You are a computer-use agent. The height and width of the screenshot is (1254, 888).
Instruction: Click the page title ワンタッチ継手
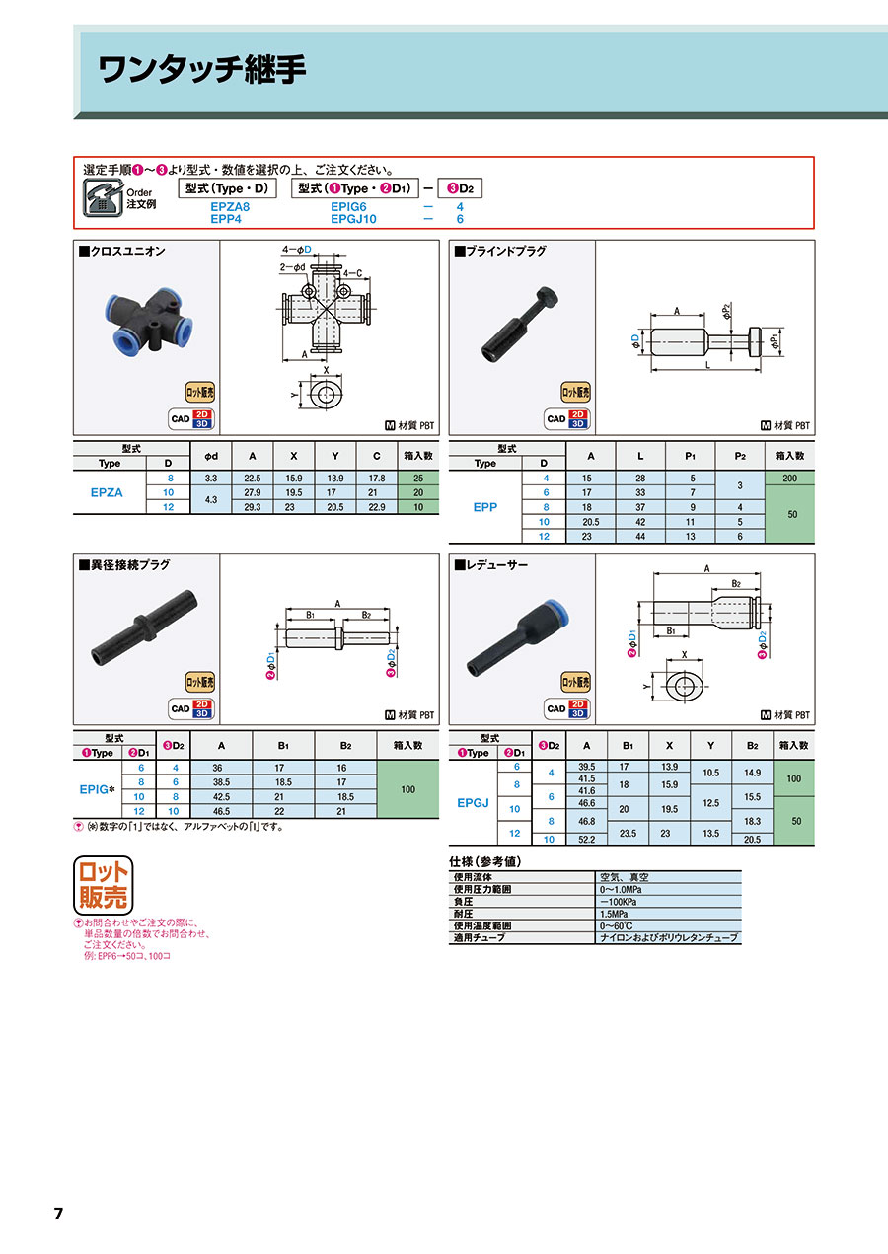tap(202, 70)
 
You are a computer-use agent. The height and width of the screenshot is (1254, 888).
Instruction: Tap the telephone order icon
tap(103, 197)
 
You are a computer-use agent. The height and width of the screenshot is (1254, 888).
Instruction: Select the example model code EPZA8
tap(230, 206)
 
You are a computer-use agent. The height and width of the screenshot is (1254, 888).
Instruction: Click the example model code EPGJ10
tap(353, 219)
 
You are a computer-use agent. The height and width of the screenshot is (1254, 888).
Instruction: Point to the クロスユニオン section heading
tap(122, 251)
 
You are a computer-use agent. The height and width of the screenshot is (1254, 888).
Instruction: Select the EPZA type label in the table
tap(107, 492)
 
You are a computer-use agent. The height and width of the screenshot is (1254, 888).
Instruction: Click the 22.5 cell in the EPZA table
tap(253, 479)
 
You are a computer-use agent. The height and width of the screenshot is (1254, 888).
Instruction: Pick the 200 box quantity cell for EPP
tap(790, 479)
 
